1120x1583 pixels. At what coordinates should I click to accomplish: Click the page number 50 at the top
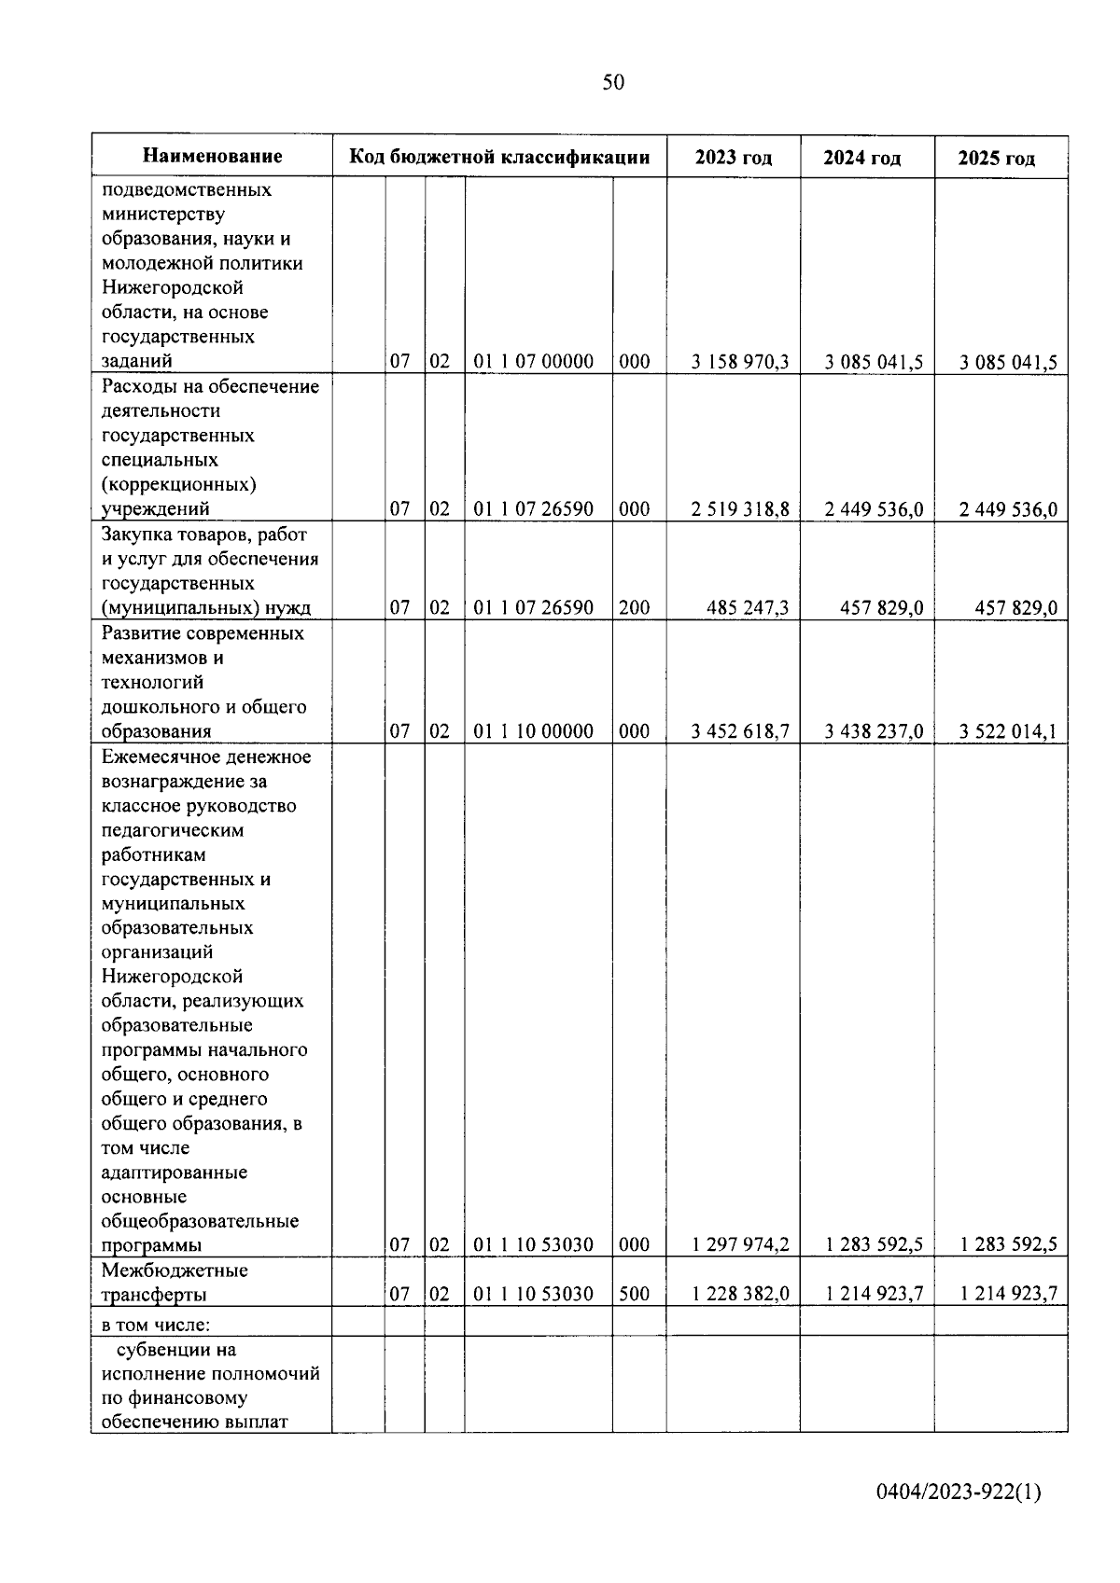[x=613, y=83]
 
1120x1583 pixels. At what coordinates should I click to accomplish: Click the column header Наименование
[x=213, y=157]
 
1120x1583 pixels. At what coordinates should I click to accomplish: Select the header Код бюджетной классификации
[x=499, y=157]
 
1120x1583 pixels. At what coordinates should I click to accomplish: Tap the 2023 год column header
[x=733, y=158]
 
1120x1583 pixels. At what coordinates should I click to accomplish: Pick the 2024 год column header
[x=861, y=158]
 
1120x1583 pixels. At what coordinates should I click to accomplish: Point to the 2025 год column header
[x=996, y=158]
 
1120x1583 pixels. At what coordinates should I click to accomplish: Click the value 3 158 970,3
[x=739, y=362]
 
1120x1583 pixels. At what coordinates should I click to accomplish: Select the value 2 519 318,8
[x=739, y=509]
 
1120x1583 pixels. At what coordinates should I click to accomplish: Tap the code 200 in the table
[x=634, y=608]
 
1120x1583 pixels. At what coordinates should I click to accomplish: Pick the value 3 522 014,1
[x=1008, y=731]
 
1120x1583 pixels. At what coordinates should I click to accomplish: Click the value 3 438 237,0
[x=874, y=731]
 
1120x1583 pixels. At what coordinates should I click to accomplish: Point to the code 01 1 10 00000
[x=533, y=731]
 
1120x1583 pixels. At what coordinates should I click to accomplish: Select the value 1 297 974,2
[x=739, y=1244]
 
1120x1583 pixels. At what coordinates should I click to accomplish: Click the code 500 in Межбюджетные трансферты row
[x=634, y=1294]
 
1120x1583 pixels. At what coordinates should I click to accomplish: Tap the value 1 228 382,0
[x=739, y=1294]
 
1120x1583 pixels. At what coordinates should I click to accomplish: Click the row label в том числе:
[x=156, y=1324]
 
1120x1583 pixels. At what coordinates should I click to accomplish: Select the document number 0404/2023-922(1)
[x=959, y=1493]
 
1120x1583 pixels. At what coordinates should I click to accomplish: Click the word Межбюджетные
[x=175, y=1271]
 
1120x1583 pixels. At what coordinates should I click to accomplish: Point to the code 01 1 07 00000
[x=533, y=362]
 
